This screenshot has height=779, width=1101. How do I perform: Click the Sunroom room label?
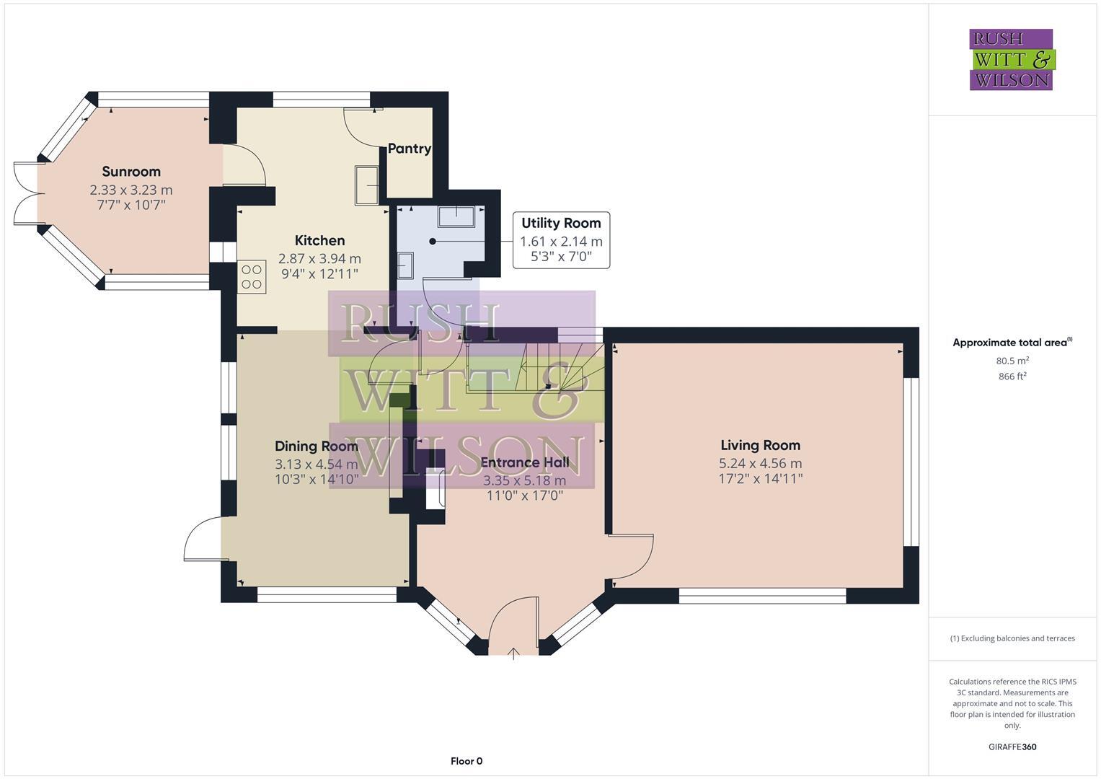[x=131, y=172]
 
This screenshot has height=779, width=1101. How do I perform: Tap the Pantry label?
[x=409, y=149]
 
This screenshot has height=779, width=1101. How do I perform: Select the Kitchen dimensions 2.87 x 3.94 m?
[x=319, y=258]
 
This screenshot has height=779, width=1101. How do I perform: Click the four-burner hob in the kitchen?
[x=252, y=277]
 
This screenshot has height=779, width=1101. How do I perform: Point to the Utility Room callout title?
[x=561, y=224]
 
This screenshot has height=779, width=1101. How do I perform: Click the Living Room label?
[x=760, y=446]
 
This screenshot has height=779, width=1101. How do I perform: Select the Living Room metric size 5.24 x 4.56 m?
[x=760, y=464]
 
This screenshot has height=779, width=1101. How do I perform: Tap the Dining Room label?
[x=316, y=446]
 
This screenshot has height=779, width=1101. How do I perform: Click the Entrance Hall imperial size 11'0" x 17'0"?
[x=524, y=496]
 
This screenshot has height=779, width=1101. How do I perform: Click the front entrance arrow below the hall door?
[x=513, y=653]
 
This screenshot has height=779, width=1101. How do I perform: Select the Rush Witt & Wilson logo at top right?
[x=1011, y=60]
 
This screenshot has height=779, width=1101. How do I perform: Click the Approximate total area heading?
[x=1011, y=343]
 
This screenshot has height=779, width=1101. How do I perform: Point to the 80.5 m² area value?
[x=1012, y=361]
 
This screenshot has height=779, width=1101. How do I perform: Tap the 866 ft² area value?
[x=1012, y=377]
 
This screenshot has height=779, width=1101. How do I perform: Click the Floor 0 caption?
[x=466, y=761]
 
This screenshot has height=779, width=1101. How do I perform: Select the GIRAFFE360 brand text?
[x=1012, y=747]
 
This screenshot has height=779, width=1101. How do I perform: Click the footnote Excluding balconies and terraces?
[x=1012, y=638]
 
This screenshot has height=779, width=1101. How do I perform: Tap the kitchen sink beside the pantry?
[x=367, y=185]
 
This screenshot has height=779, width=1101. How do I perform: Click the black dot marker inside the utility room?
[x=433, y=242]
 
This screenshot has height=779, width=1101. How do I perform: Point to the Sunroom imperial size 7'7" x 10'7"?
[x=131, y=205]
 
